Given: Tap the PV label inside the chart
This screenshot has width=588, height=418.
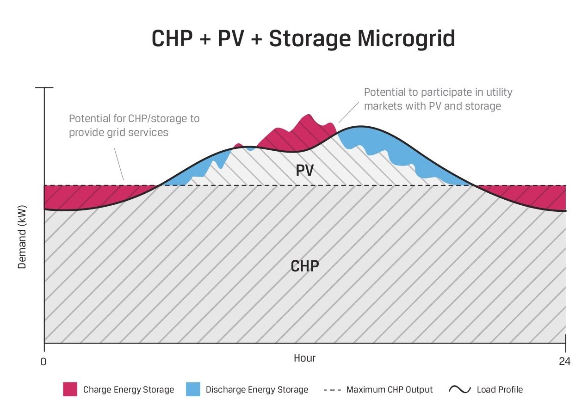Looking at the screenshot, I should tap(305, 171).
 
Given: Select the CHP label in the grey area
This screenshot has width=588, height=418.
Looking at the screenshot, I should tap(305, 266).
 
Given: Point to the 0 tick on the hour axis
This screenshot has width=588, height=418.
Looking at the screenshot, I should tap(43, 362).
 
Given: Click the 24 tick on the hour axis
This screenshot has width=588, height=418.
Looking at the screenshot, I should tap(564, 362).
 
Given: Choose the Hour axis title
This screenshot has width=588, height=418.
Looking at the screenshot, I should tap(305, 358).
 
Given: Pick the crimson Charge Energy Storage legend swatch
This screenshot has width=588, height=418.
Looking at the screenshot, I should tap(70, 389).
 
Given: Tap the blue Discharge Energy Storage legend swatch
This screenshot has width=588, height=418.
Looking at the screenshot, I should tap(193, 389).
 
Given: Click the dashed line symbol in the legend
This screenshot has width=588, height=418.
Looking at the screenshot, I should tap(332, 390).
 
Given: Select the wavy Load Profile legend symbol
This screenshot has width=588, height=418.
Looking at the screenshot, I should tap(459, 389).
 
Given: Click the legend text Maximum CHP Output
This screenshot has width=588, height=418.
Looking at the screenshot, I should tap(390, 390).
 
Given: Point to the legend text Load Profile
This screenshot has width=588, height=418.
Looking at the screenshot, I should tap(500, 390).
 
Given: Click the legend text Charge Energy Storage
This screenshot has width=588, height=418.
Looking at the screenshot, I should tap(129, 390).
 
